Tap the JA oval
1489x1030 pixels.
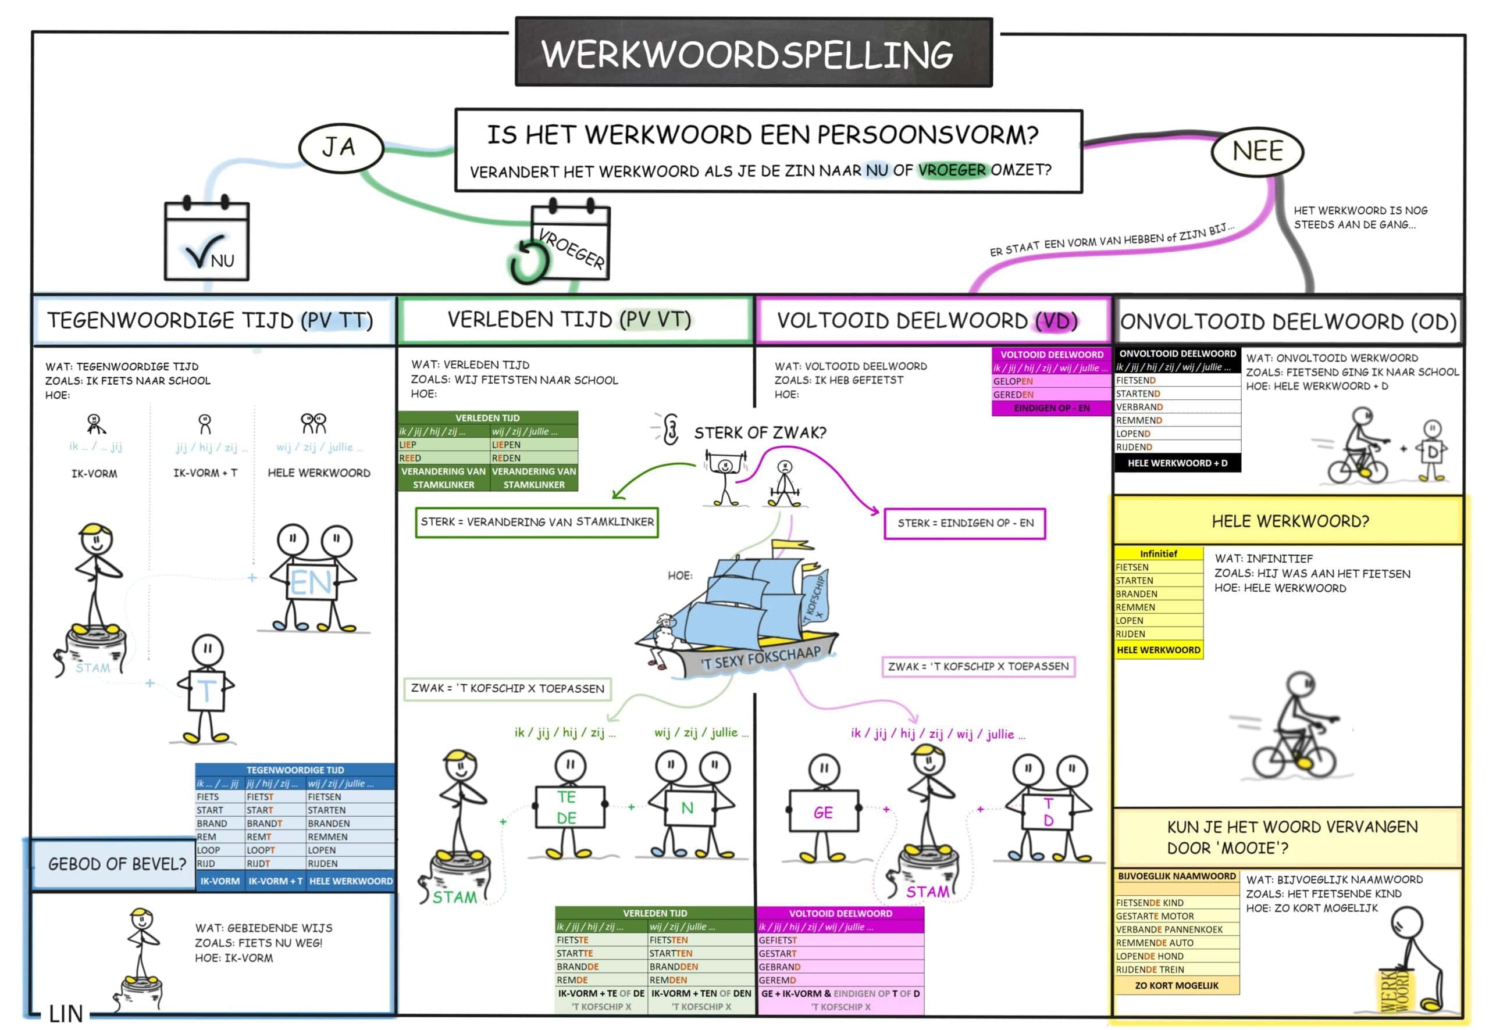[x=341, y=148]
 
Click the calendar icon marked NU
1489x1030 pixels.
[x=206, y=240]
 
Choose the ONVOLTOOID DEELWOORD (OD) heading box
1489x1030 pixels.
[x=1288, y=321]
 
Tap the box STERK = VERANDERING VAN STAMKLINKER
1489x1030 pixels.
[x=537, y=522]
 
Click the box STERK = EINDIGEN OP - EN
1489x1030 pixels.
[x=964, y=523]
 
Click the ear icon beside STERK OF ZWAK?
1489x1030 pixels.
[x=670, y=429]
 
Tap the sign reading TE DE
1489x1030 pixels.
[x=569, y=807]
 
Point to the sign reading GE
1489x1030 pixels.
[x=823, y=812]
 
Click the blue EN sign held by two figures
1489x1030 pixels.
[x=311, y=583]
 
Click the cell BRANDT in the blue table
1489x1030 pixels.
[x=264, y=824]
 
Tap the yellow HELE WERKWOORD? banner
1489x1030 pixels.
[x=1289, y=521]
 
